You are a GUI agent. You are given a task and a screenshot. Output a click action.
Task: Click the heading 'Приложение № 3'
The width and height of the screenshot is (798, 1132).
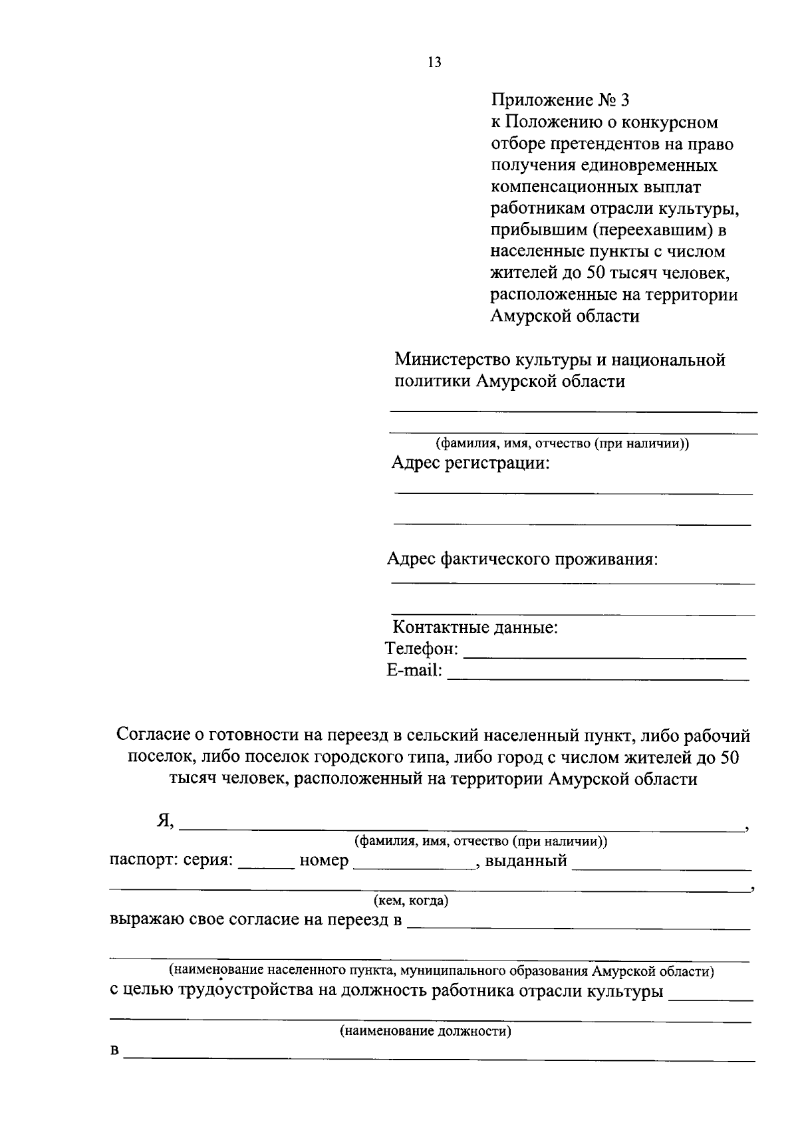(559, 100)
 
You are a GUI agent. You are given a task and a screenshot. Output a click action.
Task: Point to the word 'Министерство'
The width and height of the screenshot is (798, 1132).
(452, 360)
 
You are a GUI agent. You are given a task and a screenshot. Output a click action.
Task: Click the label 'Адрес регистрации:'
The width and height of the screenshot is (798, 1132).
(470, 463)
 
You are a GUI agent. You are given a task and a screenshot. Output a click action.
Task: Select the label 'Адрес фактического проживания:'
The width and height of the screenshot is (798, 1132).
(522, 558)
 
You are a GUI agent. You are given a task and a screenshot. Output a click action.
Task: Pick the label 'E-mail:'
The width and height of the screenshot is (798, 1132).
(414, 670)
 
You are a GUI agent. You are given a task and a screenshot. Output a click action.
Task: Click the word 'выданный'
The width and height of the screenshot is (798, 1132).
(526, 861)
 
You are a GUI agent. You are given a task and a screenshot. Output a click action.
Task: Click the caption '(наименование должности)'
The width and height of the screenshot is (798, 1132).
(426, 1032)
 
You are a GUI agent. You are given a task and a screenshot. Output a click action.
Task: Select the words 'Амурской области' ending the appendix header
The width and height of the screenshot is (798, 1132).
(565, 316)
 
